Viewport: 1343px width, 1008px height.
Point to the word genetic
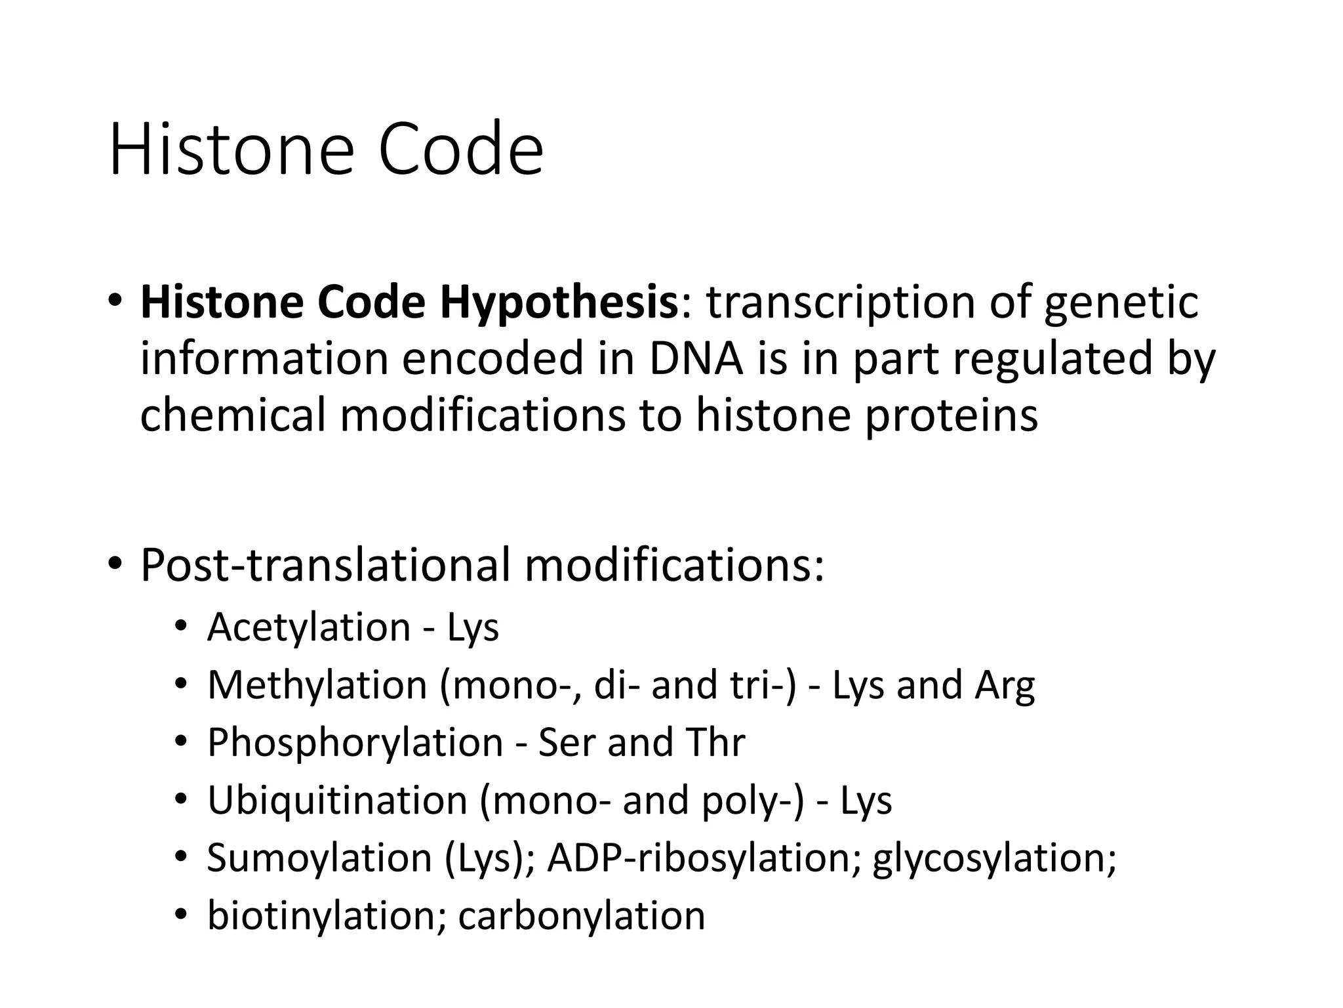tap(1121, 303)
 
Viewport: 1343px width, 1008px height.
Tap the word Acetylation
tap(309, 627)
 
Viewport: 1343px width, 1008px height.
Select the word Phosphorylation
tap(355, 743)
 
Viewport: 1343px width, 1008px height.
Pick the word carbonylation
tap(582, 915)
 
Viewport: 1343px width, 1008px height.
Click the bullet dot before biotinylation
tap(181, 914)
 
